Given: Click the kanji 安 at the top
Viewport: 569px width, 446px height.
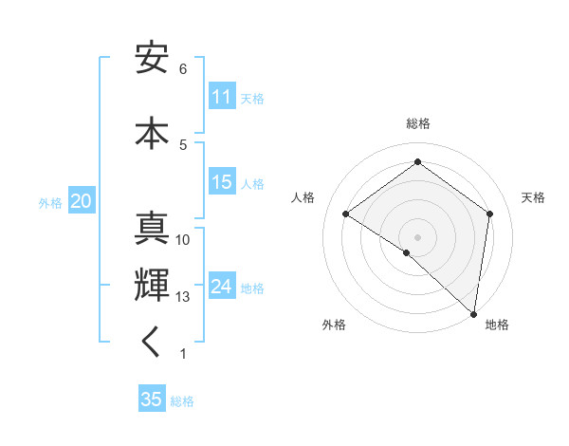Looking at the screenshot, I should coord(152,60).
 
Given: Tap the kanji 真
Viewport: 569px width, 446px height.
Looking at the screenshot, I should coord(152,230).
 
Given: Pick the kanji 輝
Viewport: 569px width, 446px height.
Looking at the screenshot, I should coord(152,285).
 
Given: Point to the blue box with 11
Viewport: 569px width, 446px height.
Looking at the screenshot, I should coord(222,97).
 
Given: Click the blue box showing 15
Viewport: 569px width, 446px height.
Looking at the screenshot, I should coord(222,182).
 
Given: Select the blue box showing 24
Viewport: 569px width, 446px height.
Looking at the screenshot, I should coord(222,287).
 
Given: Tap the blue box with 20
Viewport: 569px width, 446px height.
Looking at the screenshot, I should coord(82,201).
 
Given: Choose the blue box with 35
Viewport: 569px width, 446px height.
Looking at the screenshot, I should coord(152,400).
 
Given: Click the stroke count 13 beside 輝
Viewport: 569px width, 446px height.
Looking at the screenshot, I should coord(183,297).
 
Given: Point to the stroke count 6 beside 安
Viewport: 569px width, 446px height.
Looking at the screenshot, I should coord(183,69).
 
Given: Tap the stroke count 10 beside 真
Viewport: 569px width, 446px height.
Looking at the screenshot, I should coord(183,240).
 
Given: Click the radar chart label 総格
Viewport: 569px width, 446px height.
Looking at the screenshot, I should coord(417,123).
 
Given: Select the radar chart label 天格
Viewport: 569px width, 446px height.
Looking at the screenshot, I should coord(534,197).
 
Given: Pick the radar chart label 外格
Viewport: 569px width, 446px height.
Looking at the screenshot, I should coord(334,325).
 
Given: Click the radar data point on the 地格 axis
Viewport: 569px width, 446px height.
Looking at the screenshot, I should coord(474,314).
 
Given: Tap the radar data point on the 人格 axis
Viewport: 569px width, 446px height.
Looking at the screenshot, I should coord(346,214).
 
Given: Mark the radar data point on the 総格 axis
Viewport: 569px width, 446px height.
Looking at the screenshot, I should coord(417,162).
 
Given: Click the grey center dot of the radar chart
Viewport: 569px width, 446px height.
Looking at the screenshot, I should coord(417,236).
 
